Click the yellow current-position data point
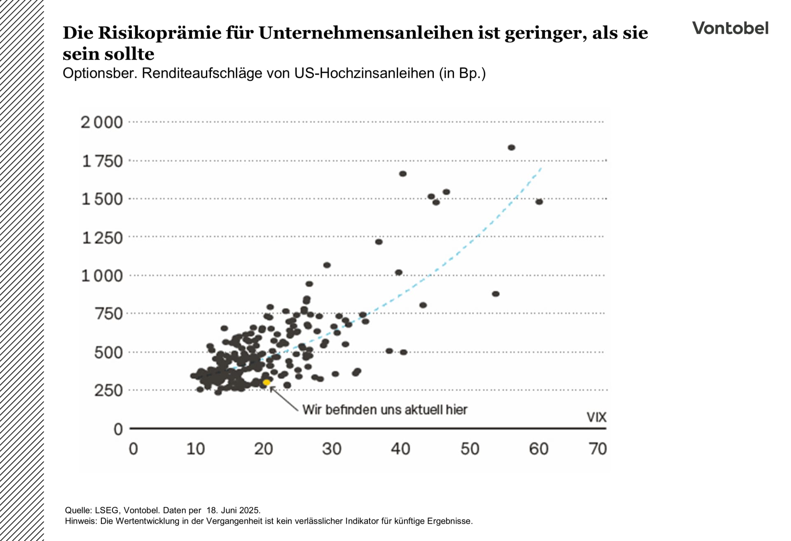267,382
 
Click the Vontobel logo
730,28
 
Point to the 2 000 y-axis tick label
102,122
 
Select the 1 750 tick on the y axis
103,161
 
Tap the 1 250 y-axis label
103,238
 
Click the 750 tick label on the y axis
109,314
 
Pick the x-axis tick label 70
598,449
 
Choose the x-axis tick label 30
332,449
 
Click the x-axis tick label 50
470,449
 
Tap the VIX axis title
596,417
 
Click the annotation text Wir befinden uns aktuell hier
384,410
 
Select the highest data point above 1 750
511,148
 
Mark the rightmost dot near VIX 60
539,201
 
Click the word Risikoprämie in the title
159,33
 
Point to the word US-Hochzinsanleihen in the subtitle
364,73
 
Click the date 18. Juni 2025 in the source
233,510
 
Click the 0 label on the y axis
118,429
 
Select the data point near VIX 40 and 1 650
403,174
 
